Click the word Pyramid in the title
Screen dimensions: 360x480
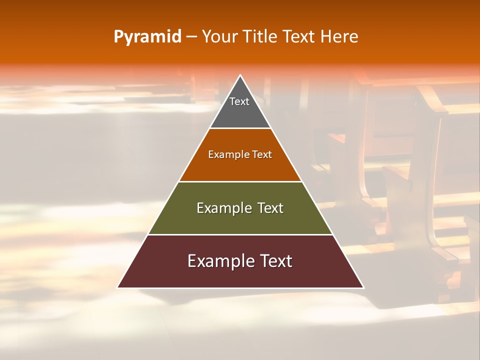coord(147,37)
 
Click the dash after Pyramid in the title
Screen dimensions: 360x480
coord(191,37)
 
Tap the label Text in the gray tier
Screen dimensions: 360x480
coord(239,101)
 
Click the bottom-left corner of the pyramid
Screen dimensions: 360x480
coord(117,287)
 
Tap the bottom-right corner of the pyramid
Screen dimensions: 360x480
coord(363,287)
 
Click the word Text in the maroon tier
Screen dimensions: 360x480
coord(274,261)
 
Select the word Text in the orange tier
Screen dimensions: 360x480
coord(262,154)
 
